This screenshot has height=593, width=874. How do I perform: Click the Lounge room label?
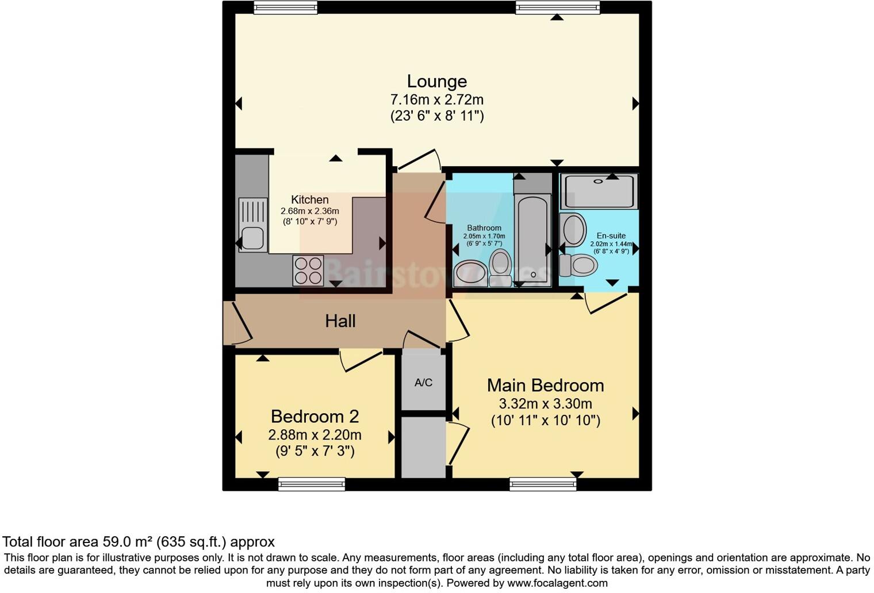[436, 82]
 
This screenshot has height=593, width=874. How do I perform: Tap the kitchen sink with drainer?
[252, 225]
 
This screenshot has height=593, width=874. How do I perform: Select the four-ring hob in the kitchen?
[308, 271]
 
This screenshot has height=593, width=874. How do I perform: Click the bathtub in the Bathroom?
[532, 239]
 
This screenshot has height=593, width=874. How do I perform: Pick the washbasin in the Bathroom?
[470, 274]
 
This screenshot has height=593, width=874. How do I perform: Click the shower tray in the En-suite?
[599, 191]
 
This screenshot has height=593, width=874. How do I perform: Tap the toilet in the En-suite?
[579, 265]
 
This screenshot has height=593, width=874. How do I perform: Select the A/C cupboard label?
[423, 383]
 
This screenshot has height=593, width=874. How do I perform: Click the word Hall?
[340, 321]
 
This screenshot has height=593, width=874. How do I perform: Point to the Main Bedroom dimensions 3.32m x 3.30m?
[545, 403]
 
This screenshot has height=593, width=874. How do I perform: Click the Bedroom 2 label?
[315, 416]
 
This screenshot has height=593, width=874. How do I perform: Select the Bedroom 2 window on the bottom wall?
[311, 484]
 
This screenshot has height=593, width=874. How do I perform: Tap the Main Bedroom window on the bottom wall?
[543, 484]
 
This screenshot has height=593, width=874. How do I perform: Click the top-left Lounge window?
[286, 7]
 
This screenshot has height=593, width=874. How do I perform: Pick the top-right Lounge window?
[558, 7]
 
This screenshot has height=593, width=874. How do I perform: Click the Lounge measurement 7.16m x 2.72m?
[436, 99]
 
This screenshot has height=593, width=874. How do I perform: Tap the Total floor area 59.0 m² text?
[139, 542]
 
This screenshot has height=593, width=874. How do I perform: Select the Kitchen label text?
[310, 200]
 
